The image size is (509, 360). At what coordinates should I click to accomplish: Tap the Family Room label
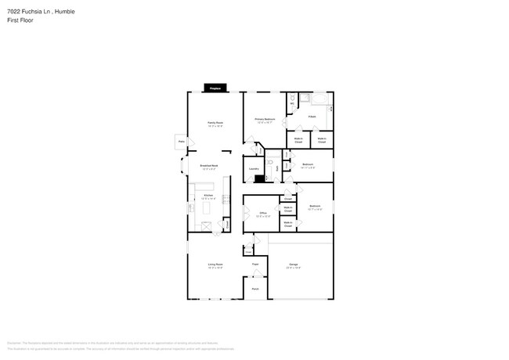point(215,123)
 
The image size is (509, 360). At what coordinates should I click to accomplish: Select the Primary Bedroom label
point(263,119)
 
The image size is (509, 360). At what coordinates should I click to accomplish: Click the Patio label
point(181,141)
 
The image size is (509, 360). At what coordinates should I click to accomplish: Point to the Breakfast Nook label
point(209,166)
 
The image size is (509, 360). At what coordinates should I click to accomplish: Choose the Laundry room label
point(254,168)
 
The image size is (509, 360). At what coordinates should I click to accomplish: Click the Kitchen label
point(208,195)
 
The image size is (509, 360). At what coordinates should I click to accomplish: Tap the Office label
point(264,214)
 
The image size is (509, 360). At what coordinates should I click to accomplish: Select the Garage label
point(294,265)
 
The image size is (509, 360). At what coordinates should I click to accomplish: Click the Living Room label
point(215,265)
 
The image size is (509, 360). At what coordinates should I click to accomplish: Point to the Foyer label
point(255,265)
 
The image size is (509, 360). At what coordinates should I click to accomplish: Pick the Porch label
point(255,289)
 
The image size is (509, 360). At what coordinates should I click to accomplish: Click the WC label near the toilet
point(293,104)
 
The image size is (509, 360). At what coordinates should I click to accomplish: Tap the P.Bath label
point(312,116)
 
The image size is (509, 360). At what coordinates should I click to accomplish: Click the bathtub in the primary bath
point(320,99)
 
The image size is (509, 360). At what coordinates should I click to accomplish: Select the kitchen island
point(208,206)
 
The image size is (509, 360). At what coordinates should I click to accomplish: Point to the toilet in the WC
point(292,97)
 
